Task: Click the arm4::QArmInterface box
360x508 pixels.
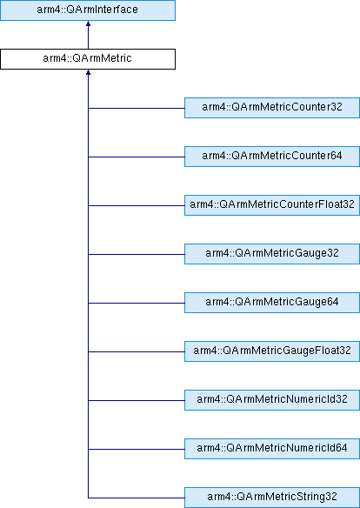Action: [88, 10]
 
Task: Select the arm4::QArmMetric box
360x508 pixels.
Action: [88, 59]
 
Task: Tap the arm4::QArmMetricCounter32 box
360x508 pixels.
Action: [272, 108]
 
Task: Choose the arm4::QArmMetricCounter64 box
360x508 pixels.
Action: [272, 157]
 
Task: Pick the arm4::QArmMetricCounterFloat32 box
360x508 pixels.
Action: [272, 205]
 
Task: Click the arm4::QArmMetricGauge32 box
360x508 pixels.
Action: [272, 254]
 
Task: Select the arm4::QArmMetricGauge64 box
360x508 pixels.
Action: [272, 303]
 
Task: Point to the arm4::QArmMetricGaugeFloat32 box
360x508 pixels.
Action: [272, 351]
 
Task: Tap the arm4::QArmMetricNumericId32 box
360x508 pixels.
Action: [272, 400]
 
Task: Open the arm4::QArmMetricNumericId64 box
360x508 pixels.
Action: [272, 449]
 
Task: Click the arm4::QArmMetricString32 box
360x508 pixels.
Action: [272, 498]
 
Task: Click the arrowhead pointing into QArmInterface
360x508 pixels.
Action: [88, 23]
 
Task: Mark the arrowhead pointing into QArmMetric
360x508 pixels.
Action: [88, 72]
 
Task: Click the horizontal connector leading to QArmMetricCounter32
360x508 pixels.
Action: [137, 108]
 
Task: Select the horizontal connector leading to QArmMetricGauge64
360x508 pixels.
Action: [137, 304]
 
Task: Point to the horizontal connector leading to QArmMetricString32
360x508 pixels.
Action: [137, 498]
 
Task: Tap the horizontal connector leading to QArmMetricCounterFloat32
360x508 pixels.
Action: [137, 206]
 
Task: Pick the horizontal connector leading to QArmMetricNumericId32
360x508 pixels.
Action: [137, 400]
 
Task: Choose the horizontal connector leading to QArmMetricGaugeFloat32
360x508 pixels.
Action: [137, 351]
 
